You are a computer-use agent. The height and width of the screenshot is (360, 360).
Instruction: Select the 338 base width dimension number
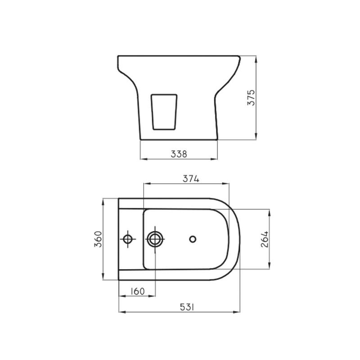179,154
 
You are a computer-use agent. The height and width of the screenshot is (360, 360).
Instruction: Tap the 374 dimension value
190,178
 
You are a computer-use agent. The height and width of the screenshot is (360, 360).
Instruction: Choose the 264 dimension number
265,239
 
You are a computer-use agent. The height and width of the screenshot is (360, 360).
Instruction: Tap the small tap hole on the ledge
129,239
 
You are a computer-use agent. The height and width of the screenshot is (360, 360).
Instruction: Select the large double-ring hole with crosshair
155,239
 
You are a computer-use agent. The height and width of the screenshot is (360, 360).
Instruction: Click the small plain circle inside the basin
193,239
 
